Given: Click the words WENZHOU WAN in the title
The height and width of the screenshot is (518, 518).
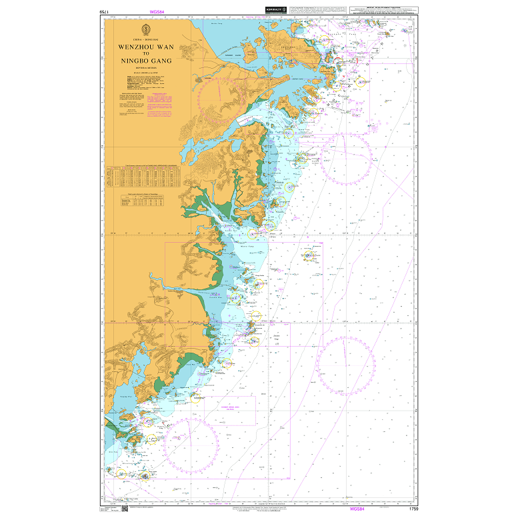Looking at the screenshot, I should coord(145,47).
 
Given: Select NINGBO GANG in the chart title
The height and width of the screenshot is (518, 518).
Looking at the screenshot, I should coord(145,61).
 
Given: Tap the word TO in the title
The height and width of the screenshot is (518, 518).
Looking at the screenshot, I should coord(145,54).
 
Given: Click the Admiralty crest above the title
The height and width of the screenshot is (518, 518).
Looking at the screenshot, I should coord(145,30).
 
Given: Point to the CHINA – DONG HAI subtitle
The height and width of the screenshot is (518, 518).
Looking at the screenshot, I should coord(145,41).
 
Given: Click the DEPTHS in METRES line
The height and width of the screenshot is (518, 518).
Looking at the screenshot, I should coord(145,68).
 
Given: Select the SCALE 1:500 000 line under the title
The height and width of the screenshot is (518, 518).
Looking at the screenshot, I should coord(145,72).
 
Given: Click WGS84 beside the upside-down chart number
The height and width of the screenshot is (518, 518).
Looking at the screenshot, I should coord(157,12).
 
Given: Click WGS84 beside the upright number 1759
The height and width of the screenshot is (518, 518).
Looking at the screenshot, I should coord(357,509).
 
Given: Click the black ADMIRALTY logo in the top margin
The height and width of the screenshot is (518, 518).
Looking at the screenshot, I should coord(274,10).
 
